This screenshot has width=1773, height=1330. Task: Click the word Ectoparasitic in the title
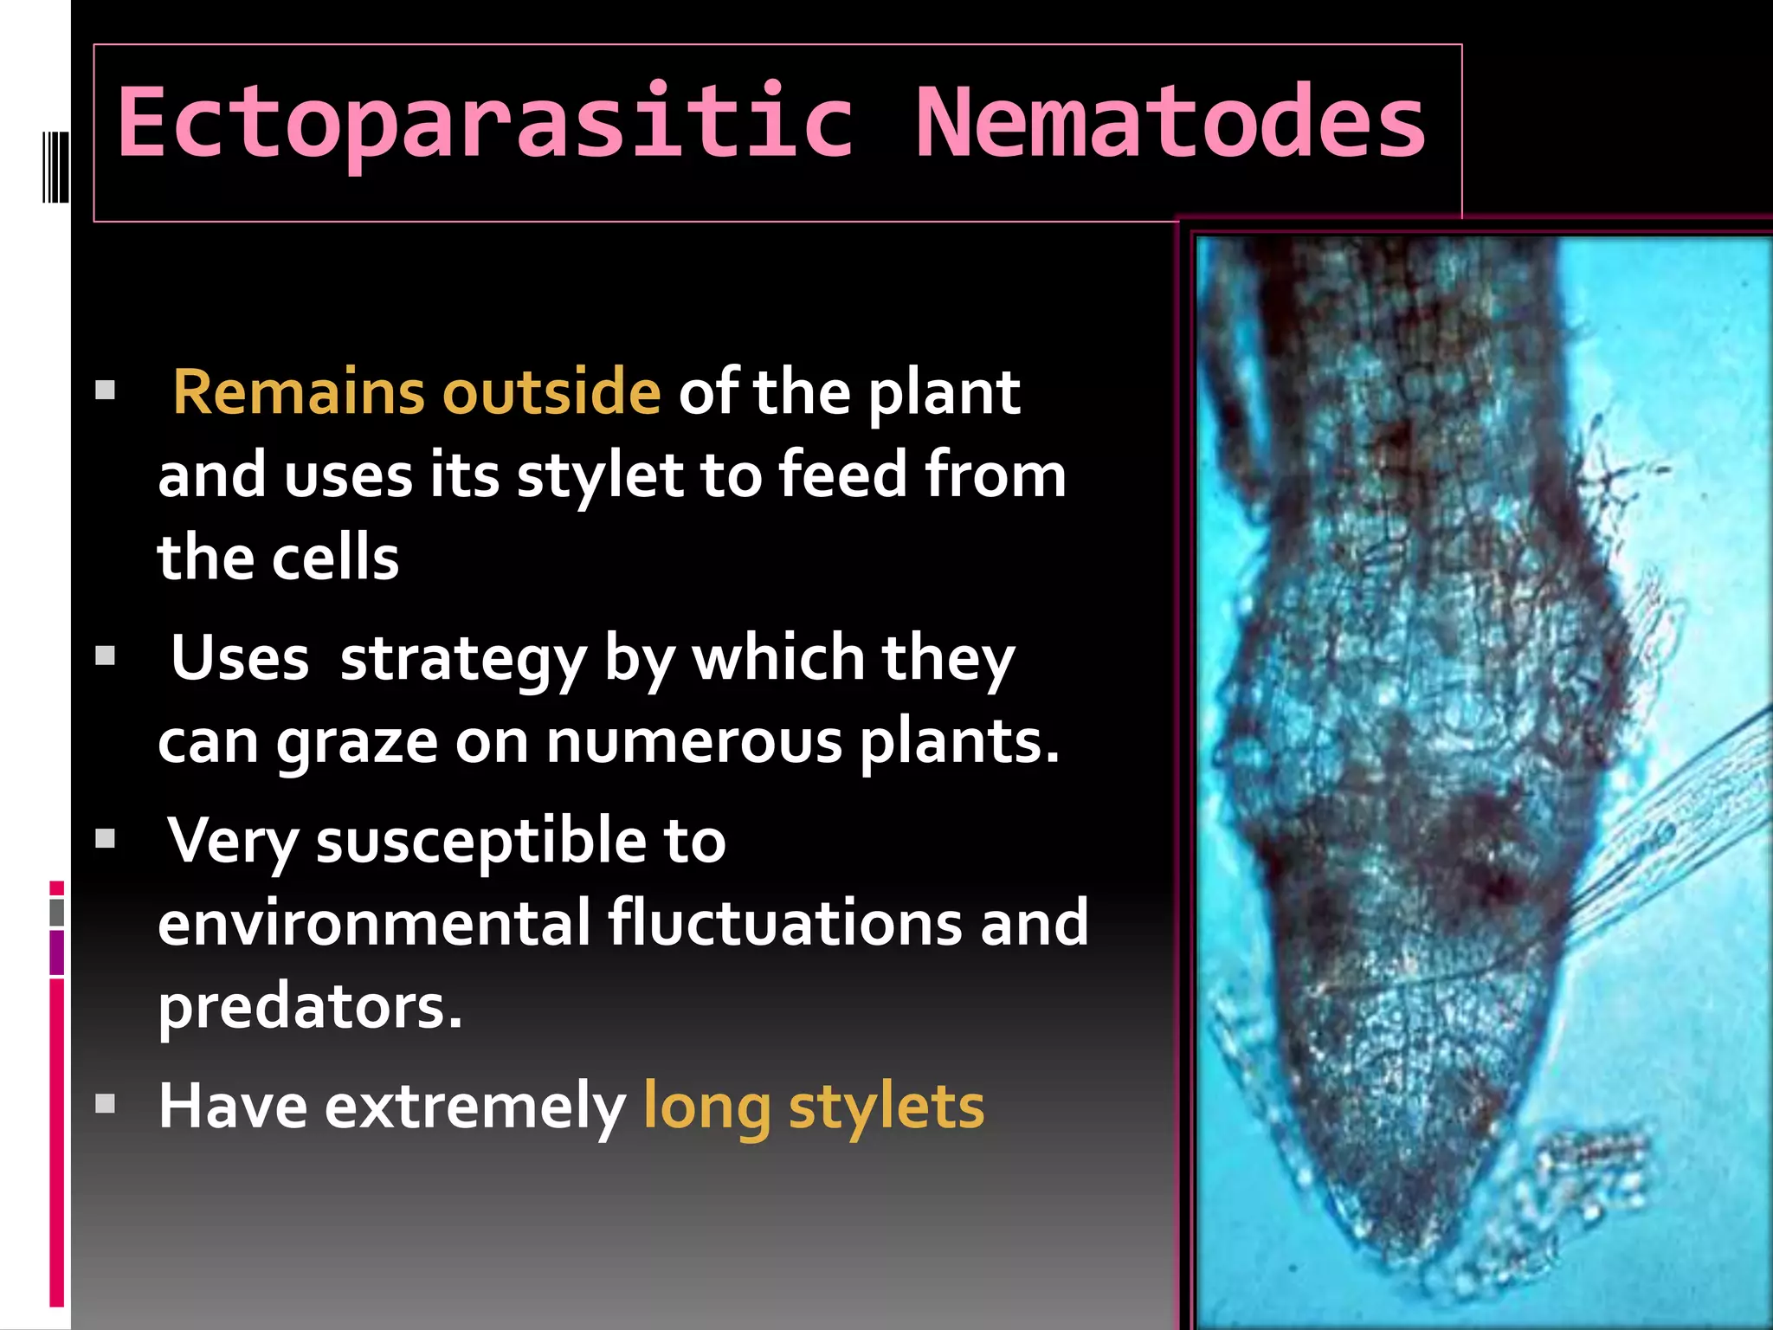[485, 123]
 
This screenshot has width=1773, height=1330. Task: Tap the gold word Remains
[298, 392]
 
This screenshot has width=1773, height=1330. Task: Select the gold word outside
[551, 392]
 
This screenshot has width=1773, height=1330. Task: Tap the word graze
[357, 743]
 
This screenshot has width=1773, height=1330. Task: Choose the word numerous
[693, 743]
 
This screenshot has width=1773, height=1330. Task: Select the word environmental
[374, 923]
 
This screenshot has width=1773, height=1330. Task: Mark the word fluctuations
[784, 923]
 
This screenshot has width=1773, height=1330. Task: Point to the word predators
[310, 1006]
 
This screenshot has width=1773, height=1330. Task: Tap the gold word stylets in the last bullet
[886, 1107]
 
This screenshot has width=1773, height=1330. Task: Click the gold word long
[706, 1107]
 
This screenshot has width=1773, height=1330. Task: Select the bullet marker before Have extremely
[106, 1104]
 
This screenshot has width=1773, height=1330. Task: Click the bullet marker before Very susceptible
[106, 838]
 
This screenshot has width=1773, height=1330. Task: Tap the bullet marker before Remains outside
[106, 391]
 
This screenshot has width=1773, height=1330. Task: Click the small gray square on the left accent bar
[57, 913]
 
